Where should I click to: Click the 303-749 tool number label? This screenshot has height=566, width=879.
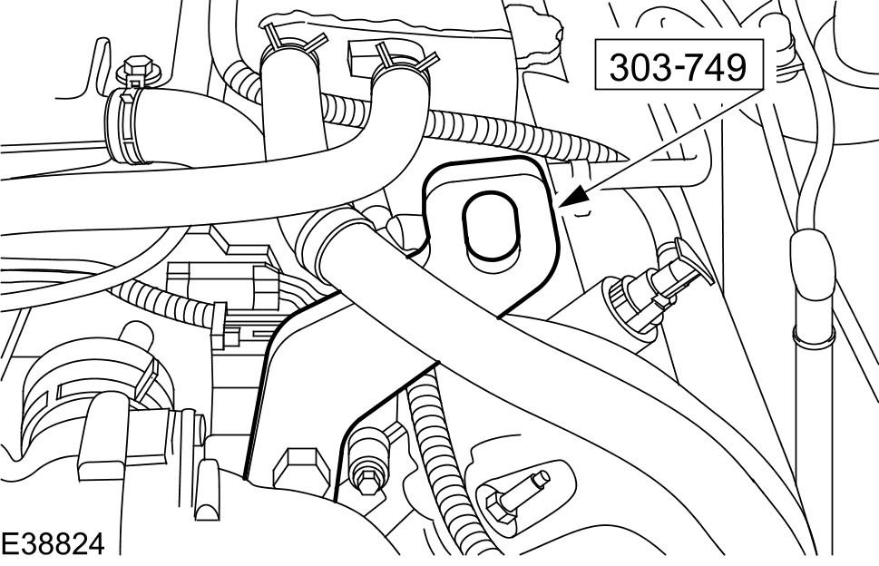[679, 68]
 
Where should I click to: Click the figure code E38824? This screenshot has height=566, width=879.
[53, 543]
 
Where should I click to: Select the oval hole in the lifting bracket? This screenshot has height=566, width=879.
[490, 227]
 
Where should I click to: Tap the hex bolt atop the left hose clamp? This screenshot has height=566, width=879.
[138, 71]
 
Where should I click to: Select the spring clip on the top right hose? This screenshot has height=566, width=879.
[405, 60]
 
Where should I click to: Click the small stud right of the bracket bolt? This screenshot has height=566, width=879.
[368, 460]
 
